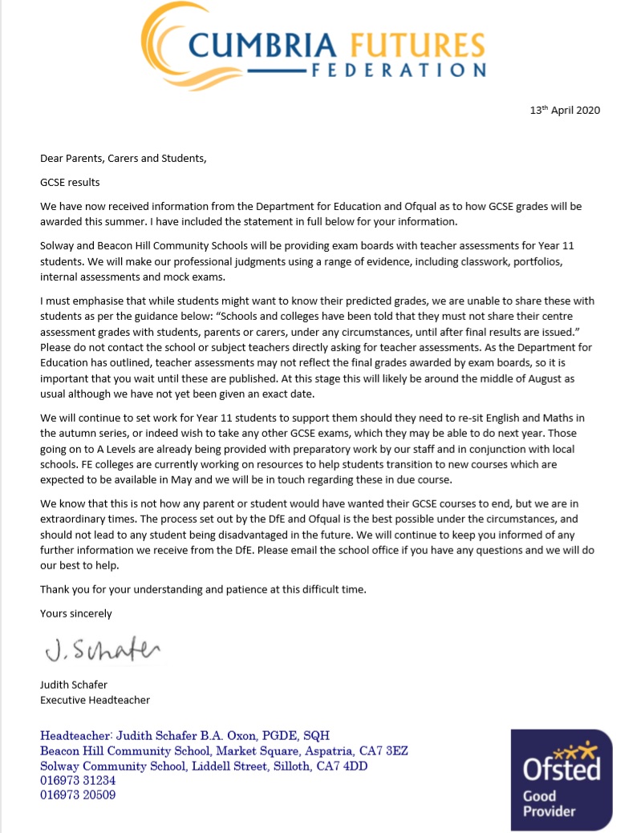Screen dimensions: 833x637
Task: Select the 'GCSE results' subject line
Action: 70,182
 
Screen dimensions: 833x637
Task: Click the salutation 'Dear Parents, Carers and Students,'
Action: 124,158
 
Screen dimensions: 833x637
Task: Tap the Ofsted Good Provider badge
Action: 561,778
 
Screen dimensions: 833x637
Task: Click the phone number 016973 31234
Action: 78,780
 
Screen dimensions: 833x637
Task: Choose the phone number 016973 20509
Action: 78,795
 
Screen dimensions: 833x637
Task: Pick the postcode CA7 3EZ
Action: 390,750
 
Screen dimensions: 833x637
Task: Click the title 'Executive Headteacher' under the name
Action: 95,700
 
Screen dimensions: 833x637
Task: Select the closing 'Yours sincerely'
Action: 76,613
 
